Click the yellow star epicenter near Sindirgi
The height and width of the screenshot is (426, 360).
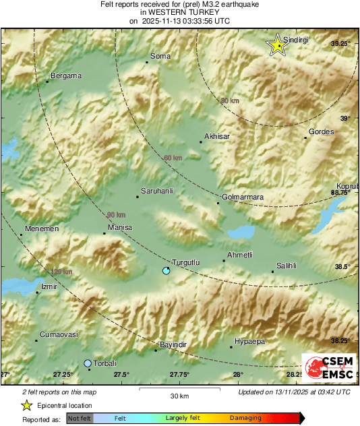pyautogui.click(x=276, y=45)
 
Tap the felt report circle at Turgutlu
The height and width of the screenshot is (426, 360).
pyautogui.click(x=167, y=270)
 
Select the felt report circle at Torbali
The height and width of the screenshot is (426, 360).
pyautogui.click(x=88, y=363)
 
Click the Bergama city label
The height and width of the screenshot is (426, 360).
pyautogui.click(x=66, y=75)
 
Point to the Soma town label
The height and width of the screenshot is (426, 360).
pyautogui.click(x=160, y=56)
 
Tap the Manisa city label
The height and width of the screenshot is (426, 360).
pyautogui.click(x=120, y=228)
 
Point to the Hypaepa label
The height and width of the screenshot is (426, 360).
pyautogui.click(x=249, y=341)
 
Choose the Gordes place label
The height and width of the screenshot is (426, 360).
pyautogui.click(x=321, y=131)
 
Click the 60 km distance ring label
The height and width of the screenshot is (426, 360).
pyautogui.click(x=173, y=158)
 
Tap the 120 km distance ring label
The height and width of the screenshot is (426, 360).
pyautogui.click(x=61, y=272)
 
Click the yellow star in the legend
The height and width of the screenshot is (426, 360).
pyautogui.click(x=26, y=405)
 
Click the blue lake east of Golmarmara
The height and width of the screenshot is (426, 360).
pyautogui.click(x=241, y=233)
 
